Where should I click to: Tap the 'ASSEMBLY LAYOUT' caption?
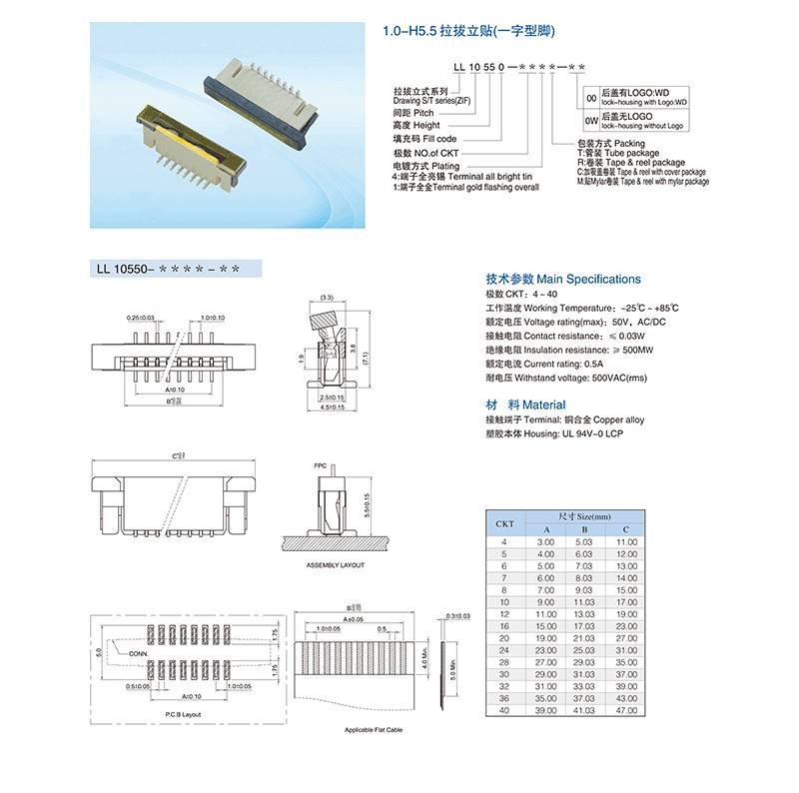tap(335, 565)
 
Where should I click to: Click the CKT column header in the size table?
tap(505, 523)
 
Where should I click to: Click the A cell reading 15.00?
tap(546, 625)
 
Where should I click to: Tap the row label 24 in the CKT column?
tap(505, 649)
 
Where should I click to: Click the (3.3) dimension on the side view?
tap(327, 297)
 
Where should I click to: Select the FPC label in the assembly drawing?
tap(321, 466)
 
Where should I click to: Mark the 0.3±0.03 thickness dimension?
tap(458, 616)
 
